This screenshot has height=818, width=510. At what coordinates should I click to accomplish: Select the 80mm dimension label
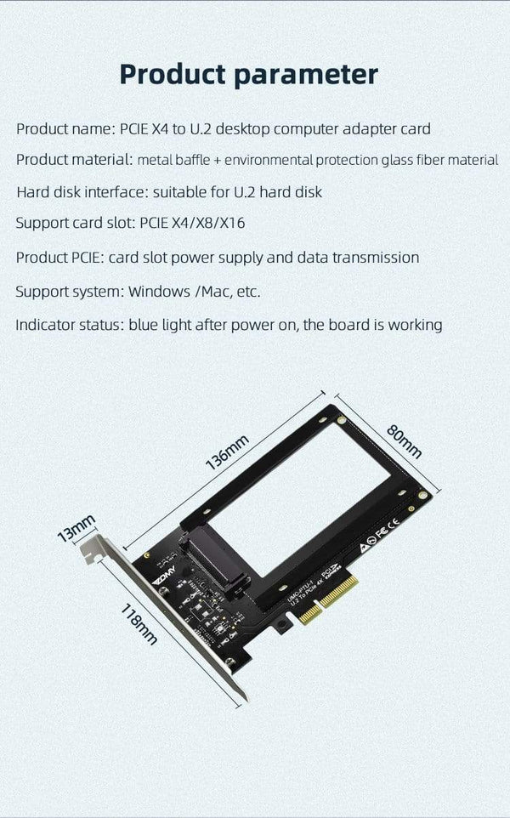click(404, 440)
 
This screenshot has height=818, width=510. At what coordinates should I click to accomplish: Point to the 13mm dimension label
click(76, 527)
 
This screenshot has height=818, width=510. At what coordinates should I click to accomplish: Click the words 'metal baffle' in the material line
click(170, 160)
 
